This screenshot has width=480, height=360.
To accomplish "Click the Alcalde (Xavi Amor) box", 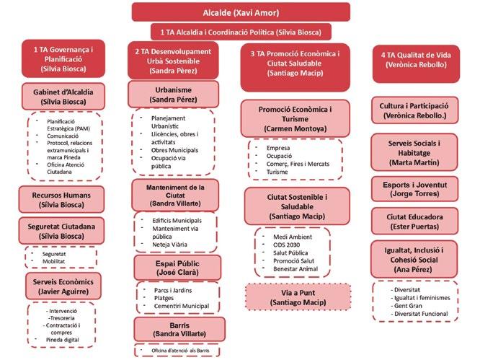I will coord(241,12).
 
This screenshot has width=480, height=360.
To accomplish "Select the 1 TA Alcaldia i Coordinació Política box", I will coord(241,32).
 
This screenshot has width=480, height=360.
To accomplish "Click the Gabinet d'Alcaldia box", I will coord(59,97).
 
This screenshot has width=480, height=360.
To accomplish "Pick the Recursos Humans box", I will coord(59,199).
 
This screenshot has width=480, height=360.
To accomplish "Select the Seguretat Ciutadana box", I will coord(59,231).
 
